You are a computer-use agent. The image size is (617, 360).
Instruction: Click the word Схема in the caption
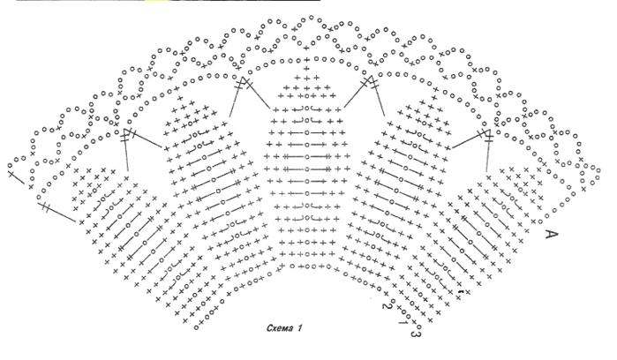click(x=280, y=328)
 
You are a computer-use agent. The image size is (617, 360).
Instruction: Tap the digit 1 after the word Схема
click(x=300, y=328)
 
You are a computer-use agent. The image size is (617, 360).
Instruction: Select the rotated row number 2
click(x=385, y=305)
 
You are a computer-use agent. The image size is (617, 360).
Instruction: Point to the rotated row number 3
click(x=414, y=334)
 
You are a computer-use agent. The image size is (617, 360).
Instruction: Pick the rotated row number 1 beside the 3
click(x=403, y=322)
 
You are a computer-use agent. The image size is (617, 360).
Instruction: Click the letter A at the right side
click(x=552, y=235)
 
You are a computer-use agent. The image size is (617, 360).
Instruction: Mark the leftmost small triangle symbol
click(x=127, y=132)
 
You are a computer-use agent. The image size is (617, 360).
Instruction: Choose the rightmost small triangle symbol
click(x=486, y=133)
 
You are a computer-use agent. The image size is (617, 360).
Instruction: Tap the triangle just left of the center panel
click(x=244, y=81)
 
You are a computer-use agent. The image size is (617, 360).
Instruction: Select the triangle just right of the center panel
click(x=369, y=81)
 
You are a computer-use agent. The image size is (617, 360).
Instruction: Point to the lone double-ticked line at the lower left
click(x=57, y=213)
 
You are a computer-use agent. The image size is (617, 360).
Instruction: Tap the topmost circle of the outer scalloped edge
click(x=312, y=18)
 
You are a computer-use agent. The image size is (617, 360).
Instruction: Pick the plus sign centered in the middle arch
click(x=307, y=60)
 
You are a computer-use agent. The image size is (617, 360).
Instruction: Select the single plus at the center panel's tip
click(x=307, y=69)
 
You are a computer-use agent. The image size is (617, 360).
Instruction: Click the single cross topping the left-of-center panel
click(x=180, y=98)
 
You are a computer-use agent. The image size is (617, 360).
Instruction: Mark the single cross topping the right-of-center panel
click(x=434, y=98)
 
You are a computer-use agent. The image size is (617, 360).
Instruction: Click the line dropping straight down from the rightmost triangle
click(x=487, y=155)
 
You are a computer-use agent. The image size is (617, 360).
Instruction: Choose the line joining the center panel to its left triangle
click(x=258, y=95)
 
